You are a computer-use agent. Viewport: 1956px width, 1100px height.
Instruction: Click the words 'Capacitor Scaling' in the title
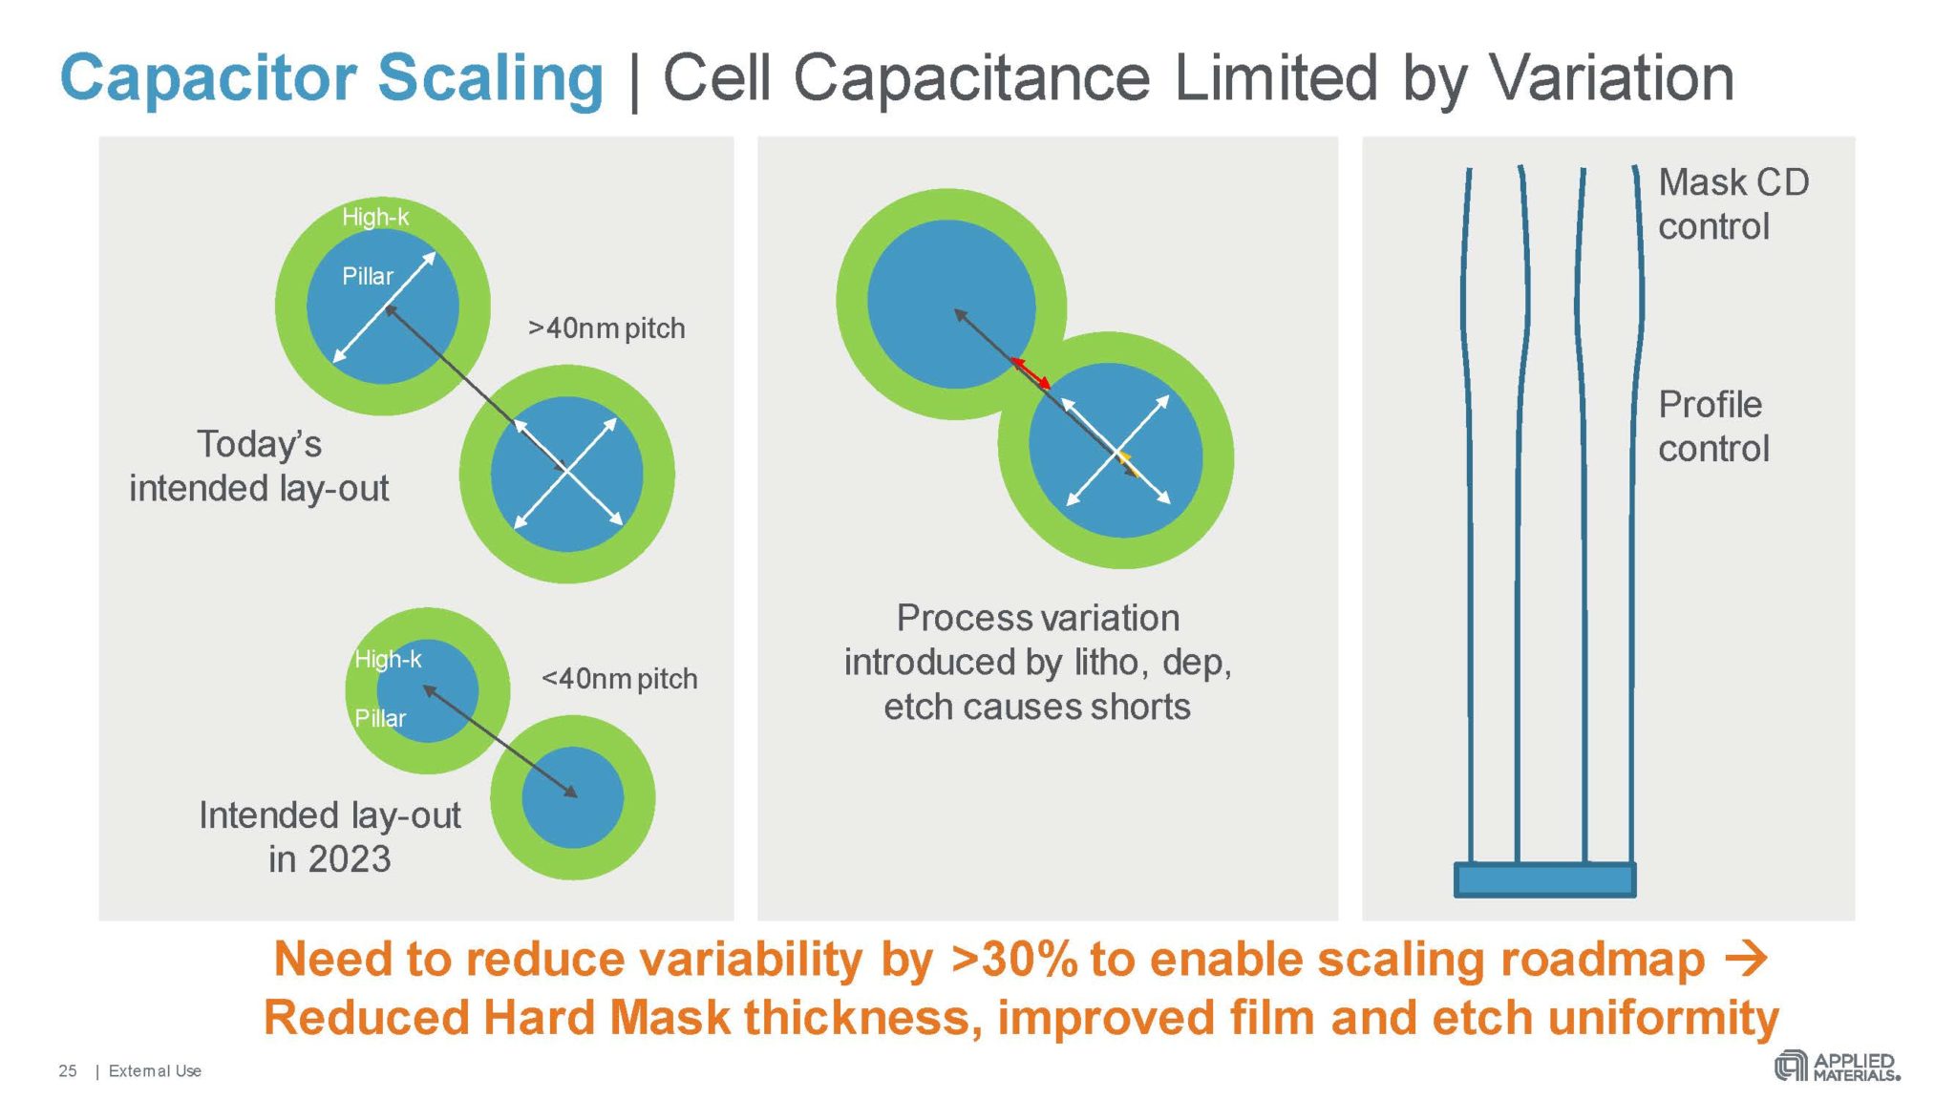pos(331,78)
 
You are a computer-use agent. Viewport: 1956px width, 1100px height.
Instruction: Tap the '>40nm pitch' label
pos(606,328)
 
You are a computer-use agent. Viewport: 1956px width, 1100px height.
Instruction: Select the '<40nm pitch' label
pos(619,679)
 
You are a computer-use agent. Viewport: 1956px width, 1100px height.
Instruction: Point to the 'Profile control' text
pos(1713,426)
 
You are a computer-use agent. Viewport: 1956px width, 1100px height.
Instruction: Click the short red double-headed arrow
pos(1031,372)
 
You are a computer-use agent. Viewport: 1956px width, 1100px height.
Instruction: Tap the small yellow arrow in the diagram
pos(1125,463)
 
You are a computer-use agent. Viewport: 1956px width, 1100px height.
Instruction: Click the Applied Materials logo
pos(1837,1067)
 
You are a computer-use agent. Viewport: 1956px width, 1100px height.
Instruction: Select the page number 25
pos(68,1071)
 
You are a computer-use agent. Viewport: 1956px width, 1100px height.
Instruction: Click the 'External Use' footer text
pos(155,1071)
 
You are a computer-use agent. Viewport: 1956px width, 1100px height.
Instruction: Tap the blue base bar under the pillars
pos(1544,879)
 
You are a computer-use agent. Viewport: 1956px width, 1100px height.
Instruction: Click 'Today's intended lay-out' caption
pos(259,466)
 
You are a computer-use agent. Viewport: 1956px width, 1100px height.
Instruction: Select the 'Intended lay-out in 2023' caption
pos(330,836)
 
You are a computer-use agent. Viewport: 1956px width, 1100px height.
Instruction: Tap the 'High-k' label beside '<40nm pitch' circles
pos(388,659)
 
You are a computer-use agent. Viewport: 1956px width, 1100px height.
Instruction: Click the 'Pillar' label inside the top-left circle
pos(368,277)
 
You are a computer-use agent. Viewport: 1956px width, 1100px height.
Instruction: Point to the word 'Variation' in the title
pos(1611,78)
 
